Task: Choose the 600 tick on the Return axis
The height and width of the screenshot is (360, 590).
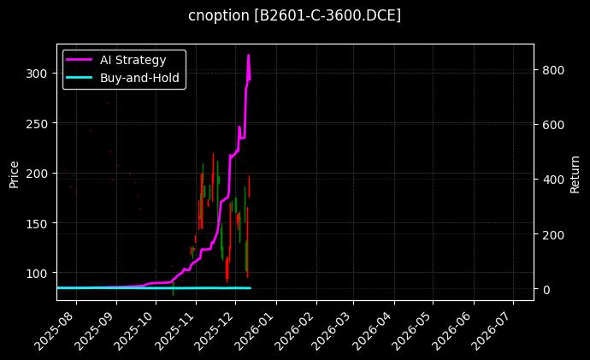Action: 552,125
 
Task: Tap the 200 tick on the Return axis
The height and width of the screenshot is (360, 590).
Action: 552,234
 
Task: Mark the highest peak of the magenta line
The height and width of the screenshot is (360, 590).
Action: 249,56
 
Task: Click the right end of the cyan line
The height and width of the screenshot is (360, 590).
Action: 251,288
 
